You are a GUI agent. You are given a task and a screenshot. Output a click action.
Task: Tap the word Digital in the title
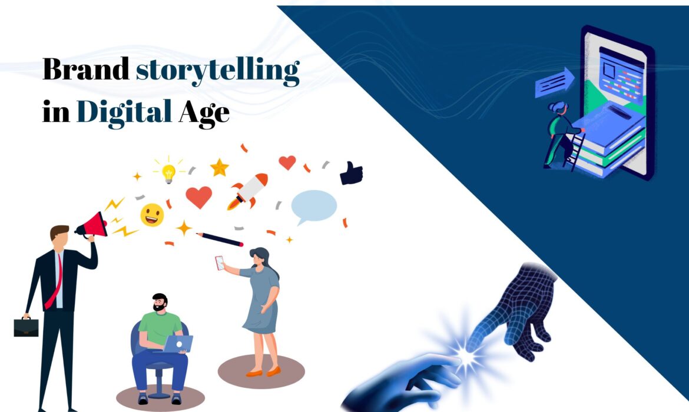tap(124, 111)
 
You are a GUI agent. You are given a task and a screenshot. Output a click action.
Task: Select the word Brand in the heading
tap(85, 71)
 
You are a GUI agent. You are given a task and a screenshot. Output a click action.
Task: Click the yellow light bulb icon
tap(168, 172)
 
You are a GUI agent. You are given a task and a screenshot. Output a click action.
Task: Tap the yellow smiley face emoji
tap(151, 215)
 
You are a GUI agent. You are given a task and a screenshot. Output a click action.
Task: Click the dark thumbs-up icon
tap(352, 174)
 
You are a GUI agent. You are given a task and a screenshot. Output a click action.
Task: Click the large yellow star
tap(219, 168)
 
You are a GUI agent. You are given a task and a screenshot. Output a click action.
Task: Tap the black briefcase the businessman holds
tap(26, 327)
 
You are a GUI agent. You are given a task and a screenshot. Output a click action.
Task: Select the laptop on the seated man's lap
tap(177, 344)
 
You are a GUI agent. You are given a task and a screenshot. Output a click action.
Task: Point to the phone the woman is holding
tap(220, 263)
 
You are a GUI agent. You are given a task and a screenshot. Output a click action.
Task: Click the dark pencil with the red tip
tap(220, 239)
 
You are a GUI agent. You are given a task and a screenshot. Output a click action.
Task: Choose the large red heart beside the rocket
tap(198, 197)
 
